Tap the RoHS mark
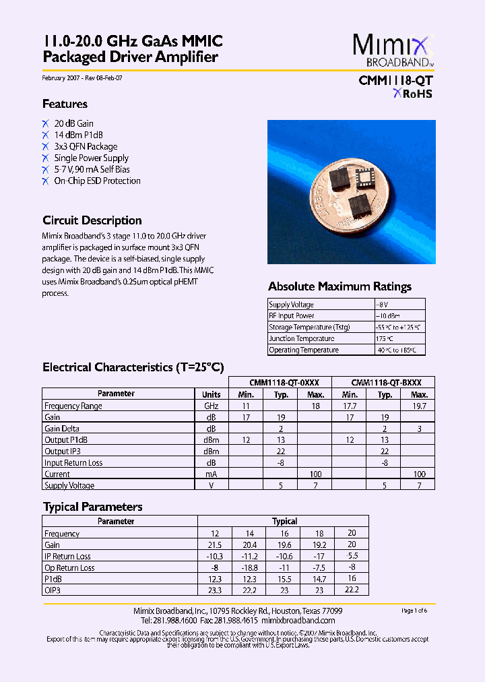pos(413,94)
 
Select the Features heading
pos(65,104)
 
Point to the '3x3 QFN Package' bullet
pos(86,146)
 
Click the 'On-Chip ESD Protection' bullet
pos(97,181)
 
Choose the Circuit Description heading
pos(92,220)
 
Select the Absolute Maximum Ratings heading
pos(339,286)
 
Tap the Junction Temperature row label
pos(301,338)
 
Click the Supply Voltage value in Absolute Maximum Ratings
pos(382,305)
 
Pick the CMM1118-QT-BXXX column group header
pos(383,381)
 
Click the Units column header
pos(211,394)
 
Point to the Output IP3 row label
pos(63,451)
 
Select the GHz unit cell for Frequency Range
pos(211,406)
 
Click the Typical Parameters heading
pos(92,507)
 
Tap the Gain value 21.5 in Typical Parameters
pos(215,545)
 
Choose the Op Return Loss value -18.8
pos(249,567)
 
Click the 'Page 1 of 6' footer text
pos(414,611)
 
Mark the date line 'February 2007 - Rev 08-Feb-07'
pos(82,78)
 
